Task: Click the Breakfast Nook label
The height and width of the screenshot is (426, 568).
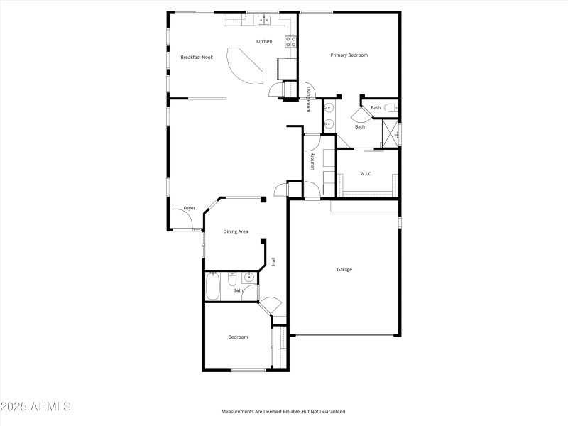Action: (x=197, y=57)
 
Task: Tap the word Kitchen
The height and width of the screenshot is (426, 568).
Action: (x=264, y=41)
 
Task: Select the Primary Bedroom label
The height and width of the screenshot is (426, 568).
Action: (x=349, y=55)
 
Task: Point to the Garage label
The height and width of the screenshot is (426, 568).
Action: (x=344, y=269)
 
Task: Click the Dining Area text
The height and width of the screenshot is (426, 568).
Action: (x=236, y=231)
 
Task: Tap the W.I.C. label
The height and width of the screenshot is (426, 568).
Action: (x=366, y=173)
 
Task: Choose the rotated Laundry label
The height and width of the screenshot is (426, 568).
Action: (x=312, y=162)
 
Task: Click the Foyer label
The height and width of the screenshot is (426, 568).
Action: (x=189, y=208)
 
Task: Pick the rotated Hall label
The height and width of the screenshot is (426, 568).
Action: (x=273, y=261)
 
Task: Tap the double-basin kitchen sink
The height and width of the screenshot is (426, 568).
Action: (x=263, y=20)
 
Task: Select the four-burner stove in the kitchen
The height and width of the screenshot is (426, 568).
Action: (x=290, y=42)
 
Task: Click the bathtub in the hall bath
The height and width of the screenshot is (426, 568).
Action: (x=213, y=287)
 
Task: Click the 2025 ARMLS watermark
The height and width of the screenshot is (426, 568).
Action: (x=35, y=407)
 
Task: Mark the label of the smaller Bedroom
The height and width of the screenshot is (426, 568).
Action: (x=238, y=337)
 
